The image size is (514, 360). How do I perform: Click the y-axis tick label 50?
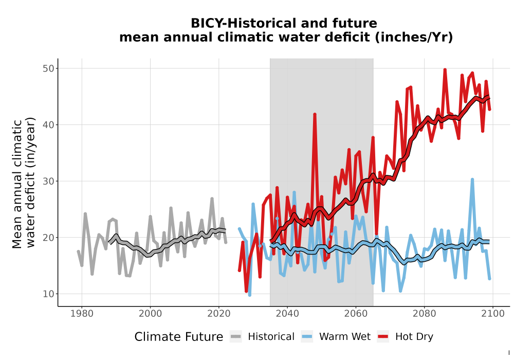tap(48, 68)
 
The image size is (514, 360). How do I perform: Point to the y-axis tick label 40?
tap(48, 124)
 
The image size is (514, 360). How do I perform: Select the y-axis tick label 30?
tap(48, 181)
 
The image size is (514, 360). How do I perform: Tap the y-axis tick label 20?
tap(48, 238)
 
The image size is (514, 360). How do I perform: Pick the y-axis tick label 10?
tap(48, 294)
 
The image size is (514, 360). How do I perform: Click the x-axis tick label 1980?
tap(82, 314)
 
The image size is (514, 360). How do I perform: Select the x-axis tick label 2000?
tap(150, 314)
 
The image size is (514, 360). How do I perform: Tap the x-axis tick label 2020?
tap(218, 314)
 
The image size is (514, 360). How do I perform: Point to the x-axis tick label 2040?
tap(287, 314)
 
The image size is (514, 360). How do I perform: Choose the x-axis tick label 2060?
tap(356, 314)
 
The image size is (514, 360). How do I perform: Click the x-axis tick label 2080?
tap(424, 314)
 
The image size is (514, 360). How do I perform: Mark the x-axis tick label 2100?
tap(493, 314)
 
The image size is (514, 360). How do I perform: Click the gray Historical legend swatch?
tap(235, 337)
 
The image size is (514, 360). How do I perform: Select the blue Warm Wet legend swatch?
tap(307, 337)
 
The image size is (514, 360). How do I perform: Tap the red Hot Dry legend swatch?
tap(383, 337)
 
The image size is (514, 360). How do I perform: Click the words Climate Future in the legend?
tap(179, 337)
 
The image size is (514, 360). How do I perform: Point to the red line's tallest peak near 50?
tap(445, 69)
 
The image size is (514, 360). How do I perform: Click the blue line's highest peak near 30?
tap(472, 179)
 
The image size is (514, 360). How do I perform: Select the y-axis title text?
tap(24, 183)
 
